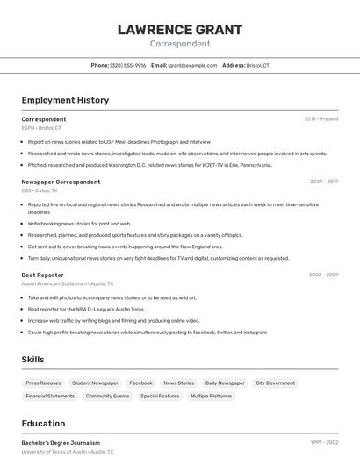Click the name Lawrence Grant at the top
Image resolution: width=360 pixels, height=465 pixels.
(x=180, y=30)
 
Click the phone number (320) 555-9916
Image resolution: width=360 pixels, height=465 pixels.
(x=128, y=66)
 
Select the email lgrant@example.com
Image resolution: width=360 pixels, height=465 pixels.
(x=192, y=66)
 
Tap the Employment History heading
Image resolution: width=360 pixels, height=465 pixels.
(x=65, y=101)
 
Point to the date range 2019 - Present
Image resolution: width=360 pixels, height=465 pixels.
(x=321, y=119)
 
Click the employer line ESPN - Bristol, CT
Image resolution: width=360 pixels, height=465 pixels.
(x=41, y=128)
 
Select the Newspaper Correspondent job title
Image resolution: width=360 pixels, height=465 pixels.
(x=61, y=182)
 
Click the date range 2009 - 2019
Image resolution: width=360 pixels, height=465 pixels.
(x=324, y=182)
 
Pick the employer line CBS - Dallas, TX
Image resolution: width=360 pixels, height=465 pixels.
(x=40, y=190)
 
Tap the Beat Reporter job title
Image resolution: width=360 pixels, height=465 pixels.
(x=43, y=275)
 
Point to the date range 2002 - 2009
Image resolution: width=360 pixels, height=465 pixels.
(x=324, y=275)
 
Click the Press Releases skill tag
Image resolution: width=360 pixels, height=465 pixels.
(x=43, y=383)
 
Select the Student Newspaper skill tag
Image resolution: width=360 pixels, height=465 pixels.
(x=95, y=383)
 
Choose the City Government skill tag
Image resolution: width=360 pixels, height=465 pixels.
(x=275, y=383)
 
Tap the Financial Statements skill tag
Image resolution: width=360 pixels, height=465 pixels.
(x=50, y=397)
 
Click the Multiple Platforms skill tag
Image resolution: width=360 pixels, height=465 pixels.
(x=211, y=397)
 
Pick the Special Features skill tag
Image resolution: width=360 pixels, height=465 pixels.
(x=160, y=397)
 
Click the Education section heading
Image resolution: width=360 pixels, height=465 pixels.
(x=43, y=424)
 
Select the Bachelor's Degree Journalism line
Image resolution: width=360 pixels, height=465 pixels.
(x=61, y=443)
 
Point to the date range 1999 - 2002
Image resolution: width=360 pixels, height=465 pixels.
(x=324, y=443)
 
